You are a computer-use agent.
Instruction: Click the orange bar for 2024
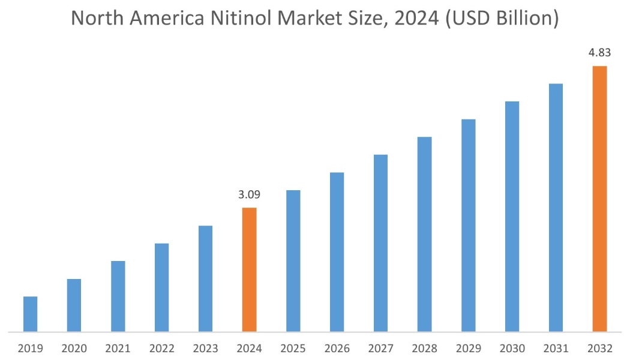click(x=249, y=269)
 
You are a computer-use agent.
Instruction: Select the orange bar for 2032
click(x=599, y=199)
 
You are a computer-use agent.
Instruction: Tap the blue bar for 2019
click(x=30, y=314)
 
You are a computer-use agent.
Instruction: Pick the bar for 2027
click(x=380, y=243)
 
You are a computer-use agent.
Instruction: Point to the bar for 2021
click(x=118, y=296)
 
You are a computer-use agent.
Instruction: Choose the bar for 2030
click(x=512, y=217)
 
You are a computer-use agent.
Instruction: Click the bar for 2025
click(x=293, y=260)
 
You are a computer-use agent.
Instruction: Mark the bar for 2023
click(x=205, y=278)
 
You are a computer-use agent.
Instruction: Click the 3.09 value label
click(x=249, y=195)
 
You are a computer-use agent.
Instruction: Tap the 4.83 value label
click(x=599, y=53)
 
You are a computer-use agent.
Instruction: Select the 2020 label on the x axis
click(x=74, y=348)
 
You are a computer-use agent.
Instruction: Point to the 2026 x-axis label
click(x=337, y=348)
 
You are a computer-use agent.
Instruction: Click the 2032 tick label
click(x=599, y=348)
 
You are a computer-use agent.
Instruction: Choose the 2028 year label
click(x=424, y=348)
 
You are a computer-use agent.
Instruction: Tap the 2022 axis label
click(x=161, y=348)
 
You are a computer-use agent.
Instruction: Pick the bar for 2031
click(x=556, y=208)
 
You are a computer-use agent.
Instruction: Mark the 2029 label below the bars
click(x=468, y=348)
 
